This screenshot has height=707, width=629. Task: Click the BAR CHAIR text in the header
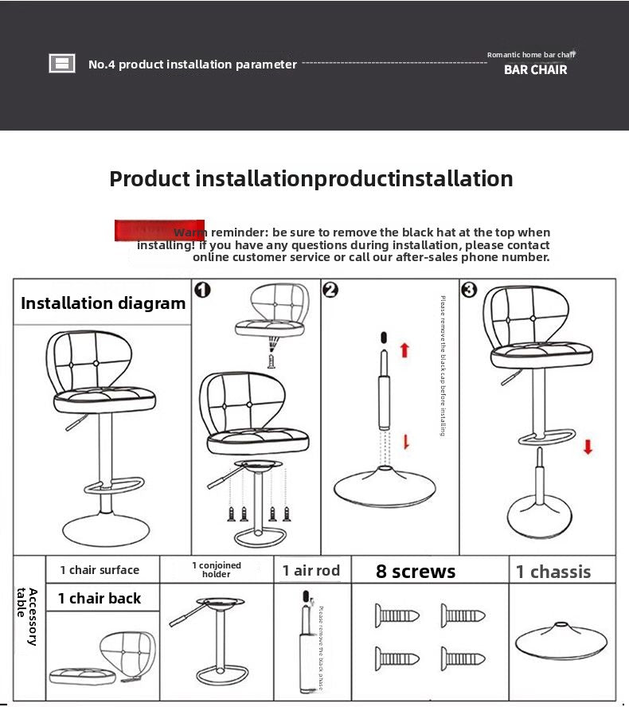(535, 69)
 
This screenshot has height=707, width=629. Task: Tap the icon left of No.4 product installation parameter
(62, 64)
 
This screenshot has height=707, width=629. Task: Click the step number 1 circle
(202, 289)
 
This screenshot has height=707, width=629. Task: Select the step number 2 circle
(331, 290)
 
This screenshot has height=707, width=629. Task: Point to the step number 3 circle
(469, 290)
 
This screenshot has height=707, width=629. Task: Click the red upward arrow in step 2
(404, 350)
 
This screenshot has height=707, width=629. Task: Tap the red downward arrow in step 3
(588, 446)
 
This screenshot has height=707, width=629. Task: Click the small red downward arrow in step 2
(406, 442)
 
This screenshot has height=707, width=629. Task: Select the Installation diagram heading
(103, 303)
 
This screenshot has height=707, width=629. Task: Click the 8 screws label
(416, 572)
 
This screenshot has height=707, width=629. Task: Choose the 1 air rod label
(311, 570)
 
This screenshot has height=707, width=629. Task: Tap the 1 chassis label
(553, 572)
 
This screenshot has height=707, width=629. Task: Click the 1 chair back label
(100, 599)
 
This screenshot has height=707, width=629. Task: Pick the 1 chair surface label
(100, 570)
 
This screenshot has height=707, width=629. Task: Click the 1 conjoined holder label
(216, 569)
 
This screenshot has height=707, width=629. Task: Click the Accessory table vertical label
(27, 617)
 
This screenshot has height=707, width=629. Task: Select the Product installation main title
(311, 178)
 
